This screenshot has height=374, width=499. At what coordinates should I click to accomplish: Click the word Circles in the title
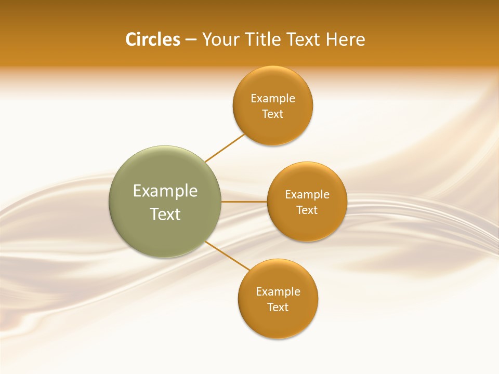[153, 39]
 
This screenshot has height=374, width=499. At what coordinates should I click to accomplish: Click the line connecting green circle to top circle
[225, 148]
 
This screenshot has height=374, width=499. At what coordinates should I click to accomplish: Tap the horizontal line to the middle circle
[244, 202]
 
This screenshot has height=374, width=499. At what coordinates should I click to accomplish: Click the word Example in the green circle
[165, 191]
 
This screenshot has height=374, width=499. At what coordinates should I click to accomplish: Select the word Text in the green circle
[165, 214]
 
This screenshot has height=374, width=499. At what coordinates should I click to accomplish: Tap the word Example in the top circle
[273, 98]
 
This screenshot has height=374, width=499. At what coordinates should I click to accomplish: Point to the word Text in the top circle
[273, 114]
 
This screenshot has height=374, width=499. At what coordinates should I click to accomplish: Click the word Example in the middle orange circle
[307, 195]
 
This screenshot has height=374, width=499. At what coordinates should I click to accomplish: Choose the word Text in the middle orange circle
[307, 210]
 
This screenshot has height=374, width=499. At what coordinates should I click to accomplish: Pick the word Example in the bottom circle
[278, 291]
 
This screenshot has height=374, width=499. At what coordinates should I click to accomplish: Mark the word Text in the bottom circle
[278, 308]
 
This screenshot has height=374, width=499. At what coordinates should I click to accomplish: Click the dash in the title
[191, 40]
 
